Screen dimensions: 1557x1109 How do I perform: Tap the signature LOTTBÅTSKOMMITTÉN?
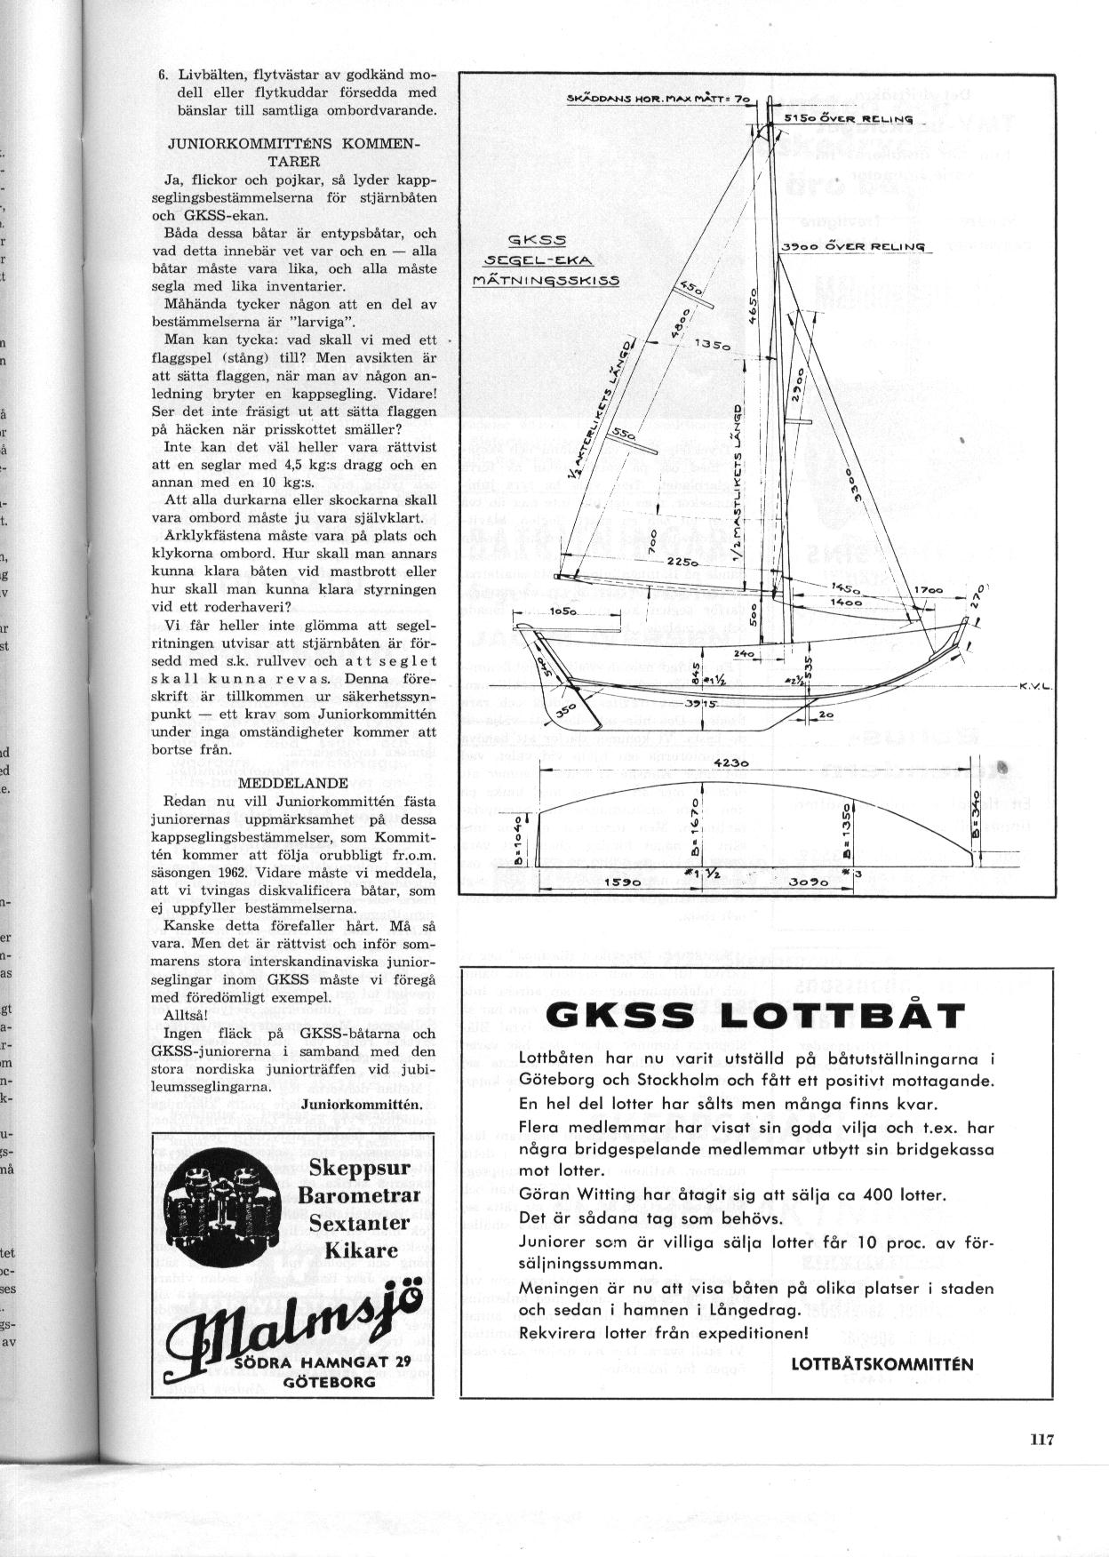click(882, 1364)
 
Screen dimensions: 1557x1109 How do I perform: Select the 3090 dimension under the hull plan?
click(811, 883)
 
